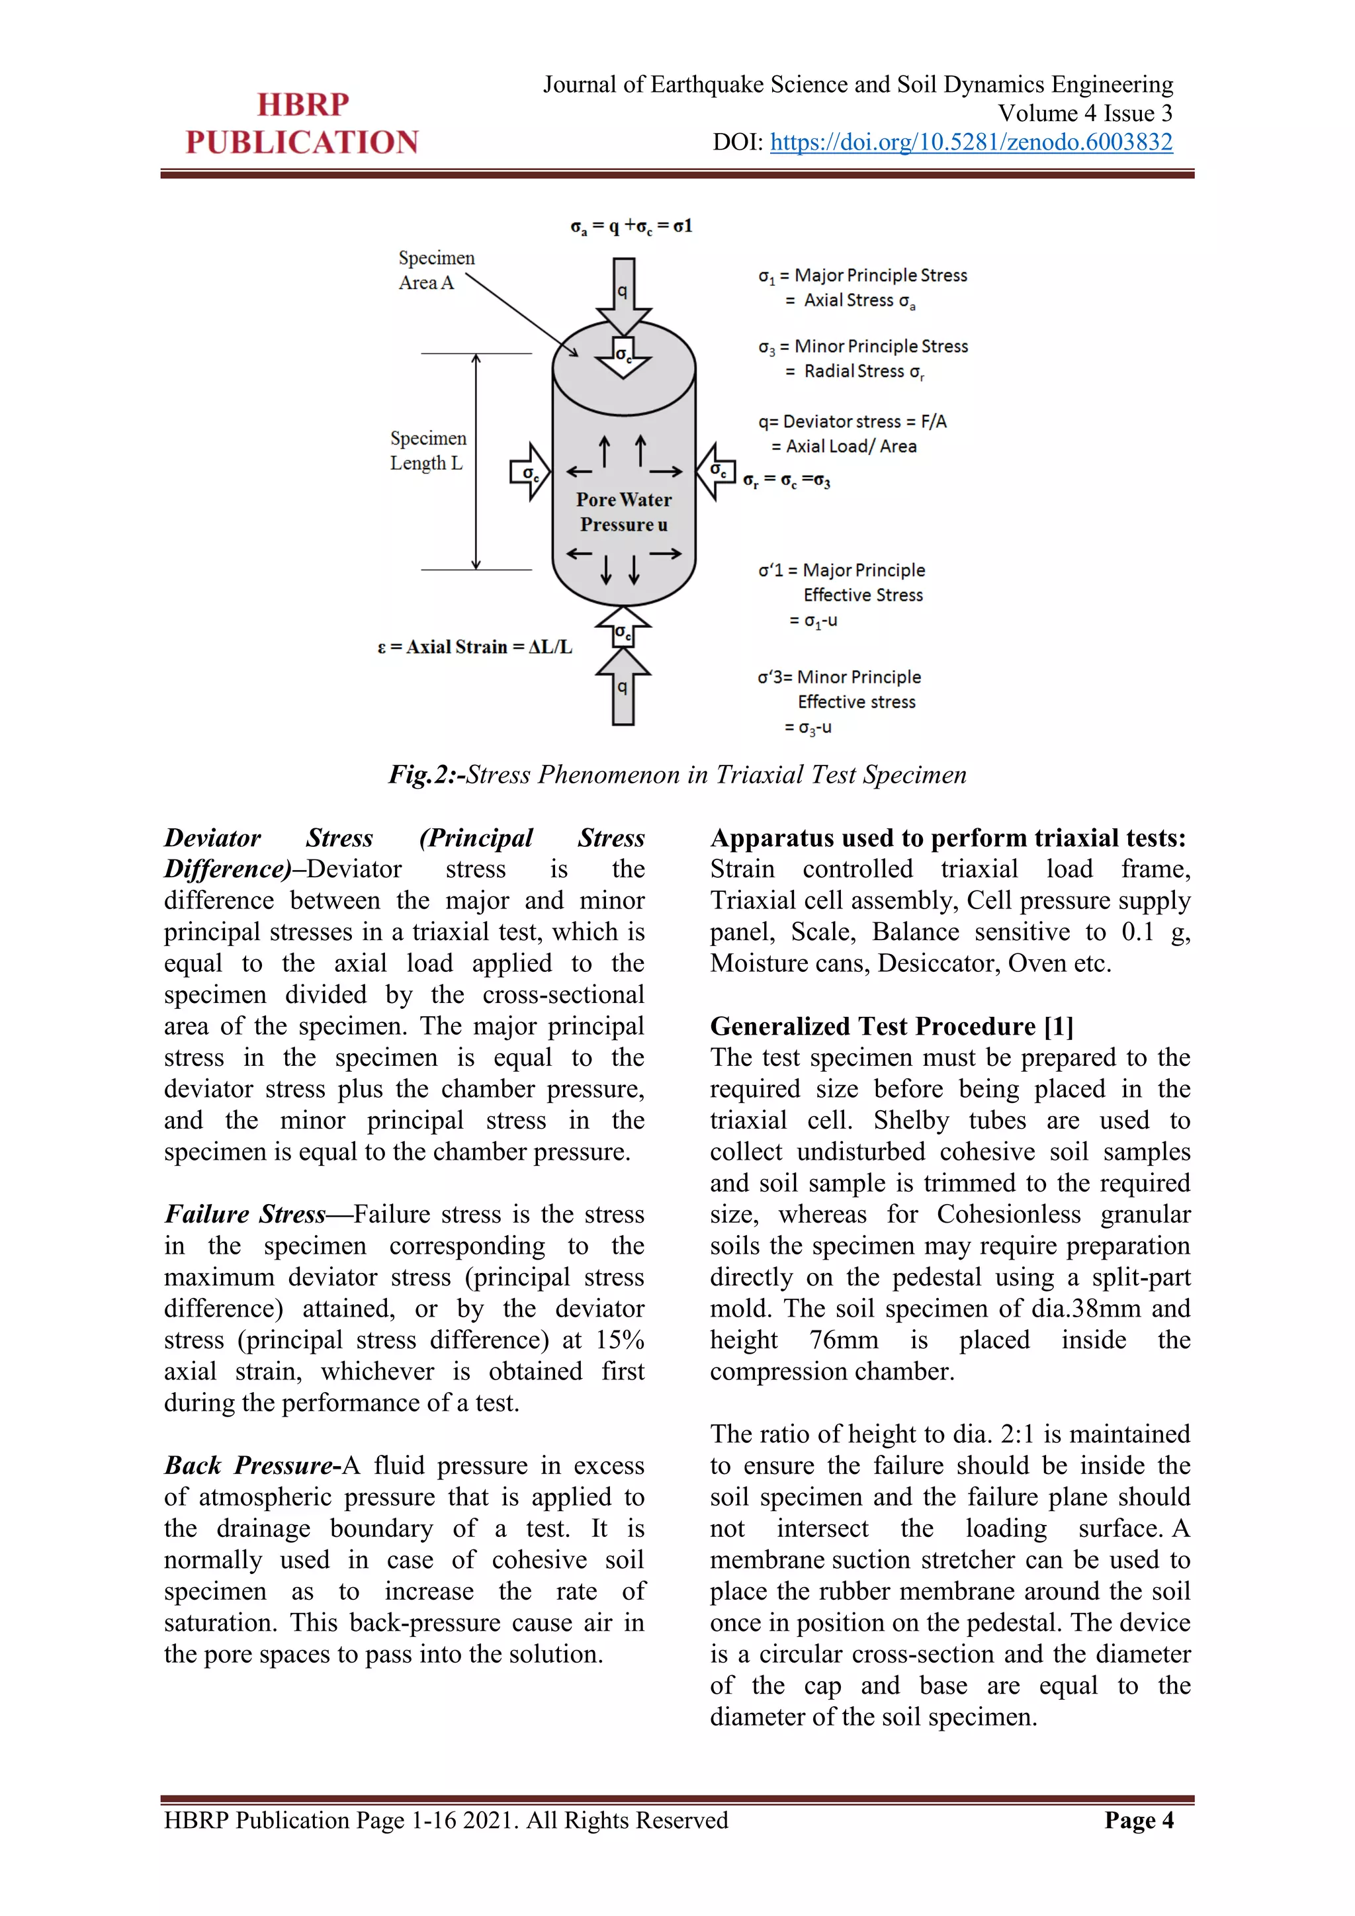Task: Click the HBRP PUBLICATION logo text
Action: [302, 124]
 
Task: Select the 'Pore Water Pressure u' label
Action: [623, 511]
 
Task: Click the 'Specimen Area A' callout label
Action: [435, 271]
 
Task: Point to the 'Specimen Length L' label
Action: [428, 451]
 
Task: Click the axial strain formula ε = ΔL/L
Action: [475, 647]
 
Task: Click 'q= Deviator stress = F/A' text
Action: [852, 421]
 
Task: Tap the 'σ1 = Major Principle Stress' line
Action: [863, 275]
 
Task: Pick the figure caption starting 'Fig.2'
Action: [677, 775]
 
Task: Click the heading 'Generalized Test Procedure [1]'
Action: [891, 1025]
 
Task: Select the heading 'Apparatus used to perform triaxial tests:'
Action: [948, 838]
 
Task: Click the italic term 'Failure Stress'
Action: [244, 1213]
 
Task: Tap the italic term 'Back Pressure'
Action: [249, 1465]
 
